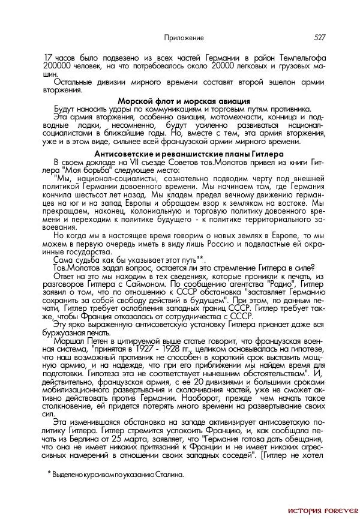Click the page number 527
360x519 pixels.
click(x=319, y=37)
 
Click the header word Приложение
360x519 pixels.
click(x=184, y=37)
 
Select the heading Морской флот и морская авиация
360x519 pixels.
click(x=184, y=101)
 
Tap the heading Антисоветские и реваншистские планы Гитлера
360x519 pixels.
click(x=184, y=154)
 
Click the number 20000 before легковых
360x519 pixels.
click(x=217, y=65)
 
